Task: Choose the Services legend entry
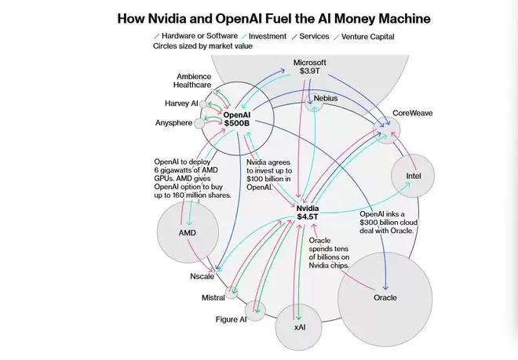316,36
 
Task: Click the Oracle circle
385,297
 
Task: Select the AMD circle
187,233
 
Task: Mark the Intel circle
414,176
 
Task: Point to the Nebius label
326,98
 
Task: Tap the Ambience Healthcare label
192,82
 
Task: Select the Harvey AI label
182,103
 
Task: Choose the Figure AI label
232,319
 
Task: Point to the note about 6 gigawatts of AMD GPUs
193,178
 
